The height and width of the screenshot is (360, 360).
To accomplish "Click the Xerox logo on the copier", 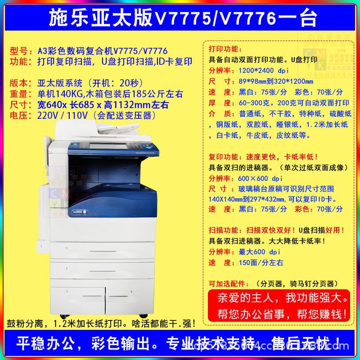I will (78, 211).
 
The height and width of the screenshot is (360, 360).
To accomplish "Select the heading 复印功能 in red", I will (226, 157).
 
